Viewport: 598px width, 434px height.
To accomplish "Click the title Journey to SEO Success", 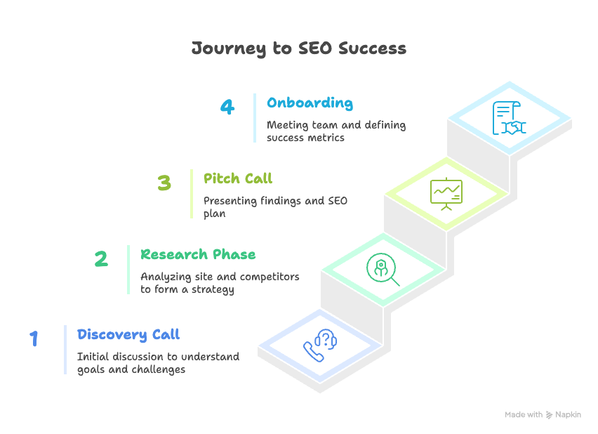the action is pos(299,48).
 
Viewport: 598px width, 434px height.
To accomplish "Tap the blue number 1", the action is pos(34,338).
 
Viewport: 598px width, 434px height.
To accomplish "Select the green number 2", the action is pos(102,258).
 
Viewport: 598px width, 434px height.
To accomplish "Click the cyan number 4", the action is pos(227,107).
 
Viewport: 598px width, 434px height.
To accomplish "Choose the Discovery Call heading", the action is pos(128,334).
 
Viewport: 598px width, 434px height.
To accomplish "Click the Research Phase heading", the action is pos(198,254).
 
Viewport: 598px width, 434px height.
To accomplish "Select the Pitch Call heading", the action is pos(238,178).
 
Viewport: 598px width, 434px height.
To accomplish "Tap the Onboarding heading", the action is pos(310,103).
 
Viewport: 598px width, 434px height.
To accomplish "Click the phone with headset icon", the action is pos(320,346).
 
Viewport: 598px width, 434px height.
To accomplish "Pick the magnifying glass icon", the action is pos(383,270).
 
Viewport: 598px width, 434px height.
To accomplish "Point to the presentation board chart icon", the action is pos(446,194).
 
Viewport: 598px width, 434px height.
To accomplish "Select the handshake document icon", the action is pos(510,118).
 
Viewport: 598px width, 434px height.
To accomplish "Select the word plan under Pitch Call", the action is pos(214,213).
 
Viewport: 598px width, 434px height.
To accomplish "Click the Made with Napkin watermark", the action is pos(543,414).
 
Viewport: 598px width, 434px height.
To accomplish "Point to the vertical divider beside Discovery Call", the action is pos(65,350).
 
